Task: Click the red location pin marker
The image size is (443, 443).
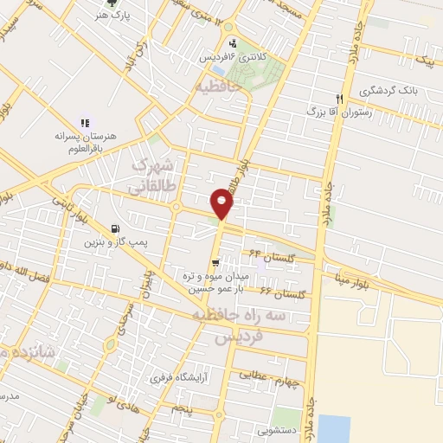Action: click(x=223, y=203)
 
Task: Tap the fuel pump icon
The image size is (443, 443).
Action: click(x=115, y=230)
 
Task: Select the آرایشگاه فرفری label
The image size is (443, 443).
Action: click(x=179, y=376)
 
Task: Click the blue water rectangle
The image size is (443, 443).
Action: click(x=334, y=428)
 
